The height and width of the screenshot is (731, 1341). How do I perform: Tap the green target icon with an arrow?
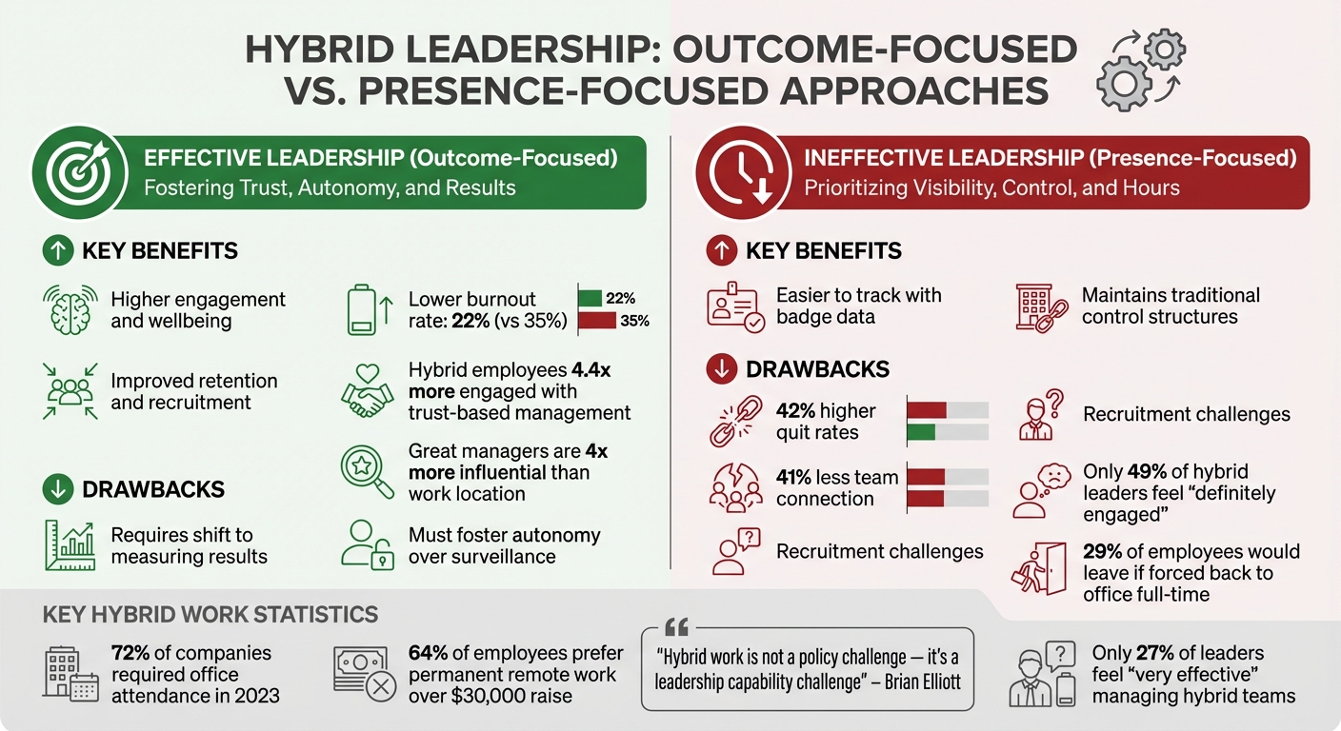(80, 172)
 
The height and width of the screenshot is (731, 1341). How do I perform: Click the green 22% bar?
(590, 298)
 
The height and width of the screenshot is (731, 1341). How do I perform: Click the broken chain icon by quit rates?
(735, 422)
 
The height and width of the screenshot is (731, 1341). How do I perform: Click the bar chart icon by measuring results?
(70, 545)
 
